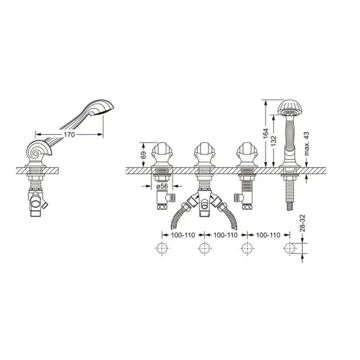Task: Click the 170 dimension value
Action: (69, 135)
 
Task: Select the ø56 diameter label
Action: (162, 186)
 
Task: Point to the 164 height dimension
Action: (266, 133)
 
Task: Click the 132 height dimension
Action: (273, 141)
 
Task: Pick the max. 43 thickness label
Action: (307, 143)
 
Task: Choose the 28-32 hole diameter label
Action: (302, 223)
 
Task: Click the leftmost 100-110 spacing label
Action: (183, 235)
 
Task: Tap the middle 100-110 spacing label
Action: (225, 235)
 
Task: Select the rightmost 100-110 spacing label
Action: (268, 235)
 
